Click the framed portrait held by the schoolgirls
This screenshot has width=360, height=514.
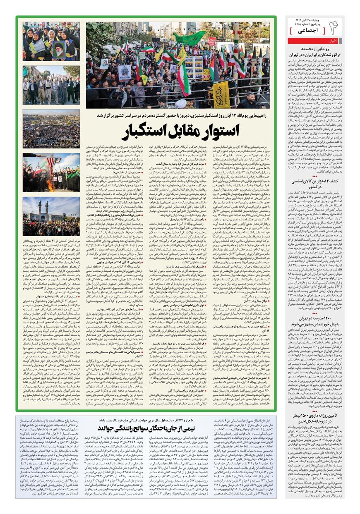58,49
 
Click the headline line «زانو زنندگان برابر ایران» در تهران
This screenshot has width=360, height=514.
312,55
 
